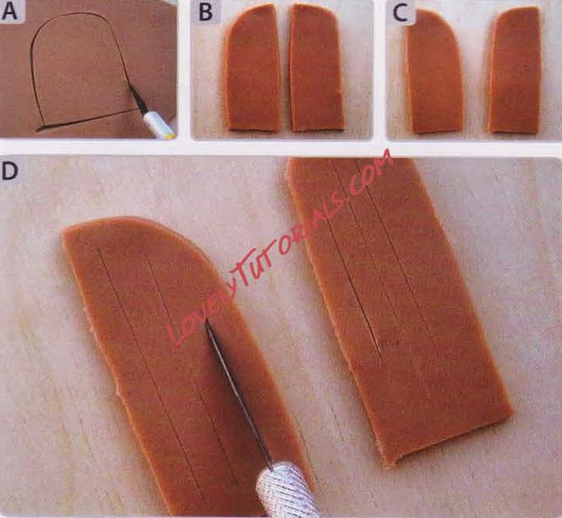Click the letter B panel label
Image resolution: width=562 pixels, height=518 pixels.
(x=205, y=12)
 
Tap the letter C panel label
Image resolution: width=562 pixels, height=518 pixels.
(x=400, y=14)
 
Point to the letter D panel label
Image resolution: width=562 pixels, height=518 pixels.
(x=9, y=171)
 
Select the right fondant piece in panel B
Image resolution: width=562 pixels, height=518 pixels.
(x=317, y=68)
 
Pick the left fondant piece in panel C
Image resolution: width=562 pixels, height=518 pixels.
(x=434, y=72)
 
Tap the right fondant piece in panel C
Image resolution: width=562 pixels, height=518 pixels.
(x=515, y=71)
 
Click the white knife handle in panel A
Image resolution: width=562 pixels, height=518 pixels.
(x=159, y=124)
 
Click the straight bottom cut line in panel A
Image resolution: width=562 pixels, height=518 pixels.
(x=87, y=119)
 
